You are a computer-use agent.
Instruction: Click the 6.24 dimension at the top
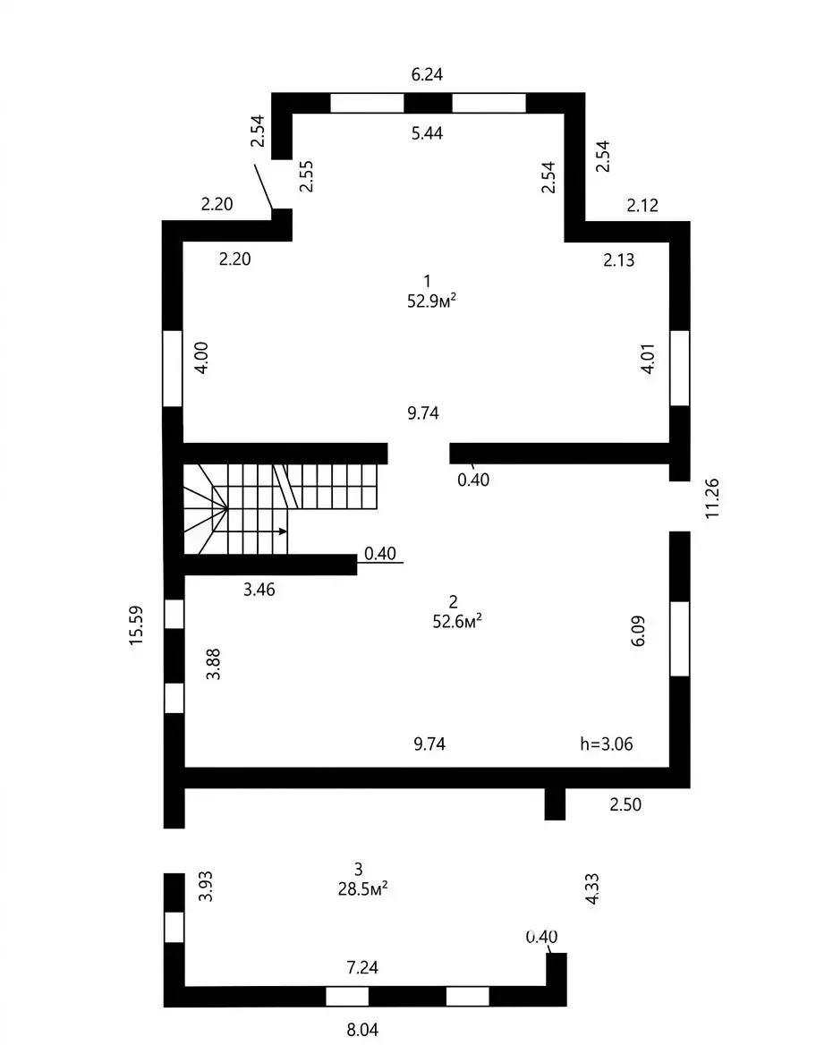[x=427, y=74]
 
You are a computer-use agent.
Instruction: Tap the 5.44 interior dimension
[x=427, y=133]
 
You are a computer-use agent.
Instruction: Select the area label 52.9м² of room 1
[x=431, y=301]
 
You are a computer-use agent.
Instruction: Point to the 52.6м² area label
[x=457, y=621]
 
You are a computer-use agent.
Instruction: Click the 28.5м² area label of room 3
[x=363, y=889]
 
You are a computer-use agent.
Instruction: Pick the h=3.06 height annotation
[x=607, y=744]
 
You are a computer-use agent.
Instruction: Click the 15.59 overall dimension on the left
[x=137, y=625]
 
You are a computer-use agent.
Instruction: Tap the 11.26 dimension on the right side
[x=712, y=498]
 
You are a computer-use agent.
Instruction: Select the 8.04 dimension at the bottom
[x=362, y=1029]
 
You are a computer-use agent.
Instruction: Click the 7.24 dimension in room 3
[x=362, y=967]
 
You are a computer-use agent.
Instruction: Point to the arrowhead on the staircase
[x=284, y=531]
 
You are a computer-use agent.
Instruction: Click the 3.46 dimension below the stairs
[x=259, y=590]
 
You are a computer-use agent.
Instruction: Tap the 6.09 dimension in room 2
[x=638, y=631]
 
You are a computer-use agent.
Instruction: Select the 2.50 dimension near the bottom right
[x=625, y=804]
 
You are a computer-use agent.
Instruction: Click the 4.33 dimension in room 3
[x=592, y=888]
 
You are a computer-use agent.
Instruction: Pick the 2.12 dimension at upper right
[x=642, y=205]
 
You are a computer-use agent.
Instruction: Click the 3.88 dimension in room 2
[x=214, y=664]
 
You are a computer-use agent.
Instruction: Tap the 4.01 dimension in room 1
[x=648, y=359]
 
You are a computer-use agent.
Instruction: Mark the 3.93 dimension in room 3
[x=206, y=886]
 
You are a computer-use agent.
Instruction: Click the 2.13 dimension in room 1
[x=618, y=259]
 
